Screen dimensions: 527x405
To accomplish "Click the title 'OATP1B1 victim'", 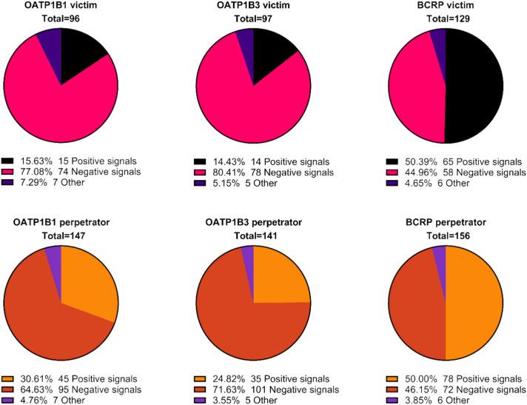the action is click(61, 5).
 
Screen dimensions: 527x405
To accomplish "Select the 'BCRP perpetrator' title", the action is click(446, 222).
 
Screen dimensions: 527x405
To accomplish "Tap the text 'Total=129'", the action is click(448, 19).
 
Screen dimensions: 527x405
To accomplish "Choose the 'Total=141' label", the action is click(256, 235).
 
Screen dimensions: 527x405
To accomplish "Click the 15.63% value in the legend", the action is click(36, 161).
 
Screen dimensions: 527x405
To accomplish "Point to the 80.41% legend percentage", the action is click(229, 173).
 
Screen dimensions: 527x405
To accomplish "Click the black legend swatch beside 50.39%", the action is click(392, 162).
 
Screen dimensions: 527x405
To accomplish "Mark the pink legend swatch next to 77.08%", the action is click(7, 172).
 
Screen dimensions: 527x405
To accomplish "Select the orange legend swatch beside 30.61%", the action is click(7, 379).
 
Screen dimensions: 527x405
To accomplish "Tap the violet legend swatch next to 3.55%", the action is click(200, 401).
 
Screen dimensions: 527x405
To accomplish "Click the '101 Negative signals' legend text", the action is click(295, 389).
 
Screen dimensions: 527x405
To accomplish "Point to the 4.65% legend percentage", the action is click(418, 183).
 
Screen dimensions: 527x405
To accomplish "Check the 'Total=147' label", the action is click(64, 235).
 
